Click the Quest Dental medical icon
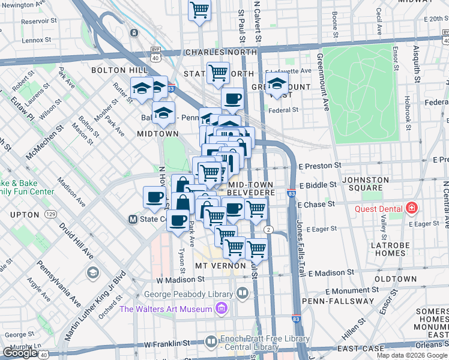coord(411,209)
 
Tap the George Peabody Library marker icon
coord(242,294)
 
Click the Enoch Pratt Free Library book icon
coord(211,342)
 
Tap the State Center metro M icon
coord(133,220)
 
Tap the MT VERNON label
coord(220,265)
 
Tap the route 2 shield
coord(270,230)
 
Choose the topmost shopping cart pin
coord(199,10)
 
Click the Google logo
coord(20,353)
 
